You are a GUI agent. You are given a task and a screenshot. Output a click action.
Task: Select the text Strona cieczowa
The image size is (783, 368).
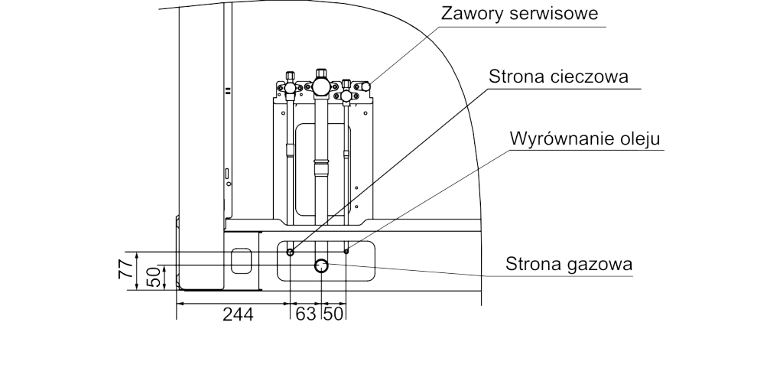[x=558, y=77]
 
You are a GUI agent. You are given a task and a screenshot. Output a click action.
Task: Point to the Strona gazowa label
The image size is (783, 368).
[x=569, y=265]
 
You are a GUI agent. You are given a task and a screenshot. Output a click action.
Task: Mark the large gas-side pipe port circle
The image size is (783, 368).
[x=321, y=266]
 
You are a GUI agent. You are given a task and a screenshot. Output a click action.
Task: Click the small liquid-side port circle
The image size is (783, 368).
[x=290, y=250]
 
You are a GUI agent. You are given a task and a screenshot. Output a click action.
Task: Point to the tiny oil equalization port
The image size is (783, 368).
[x=346, y=249]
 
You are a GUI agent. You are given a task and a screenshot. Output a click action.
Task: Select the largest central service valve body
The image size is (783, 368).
[x=321, y=86]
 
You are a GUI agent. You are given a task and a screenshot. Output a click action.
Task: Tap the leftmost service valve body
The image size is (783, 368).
[x=290, y=89]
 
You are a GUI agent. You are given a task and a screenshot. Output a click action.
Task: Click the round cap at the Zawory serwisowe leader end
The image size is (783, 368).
[x=366, y=87]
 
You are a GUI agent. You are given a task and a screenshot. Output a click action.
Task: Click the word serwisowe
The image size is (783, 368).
[x=567, y=13]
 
